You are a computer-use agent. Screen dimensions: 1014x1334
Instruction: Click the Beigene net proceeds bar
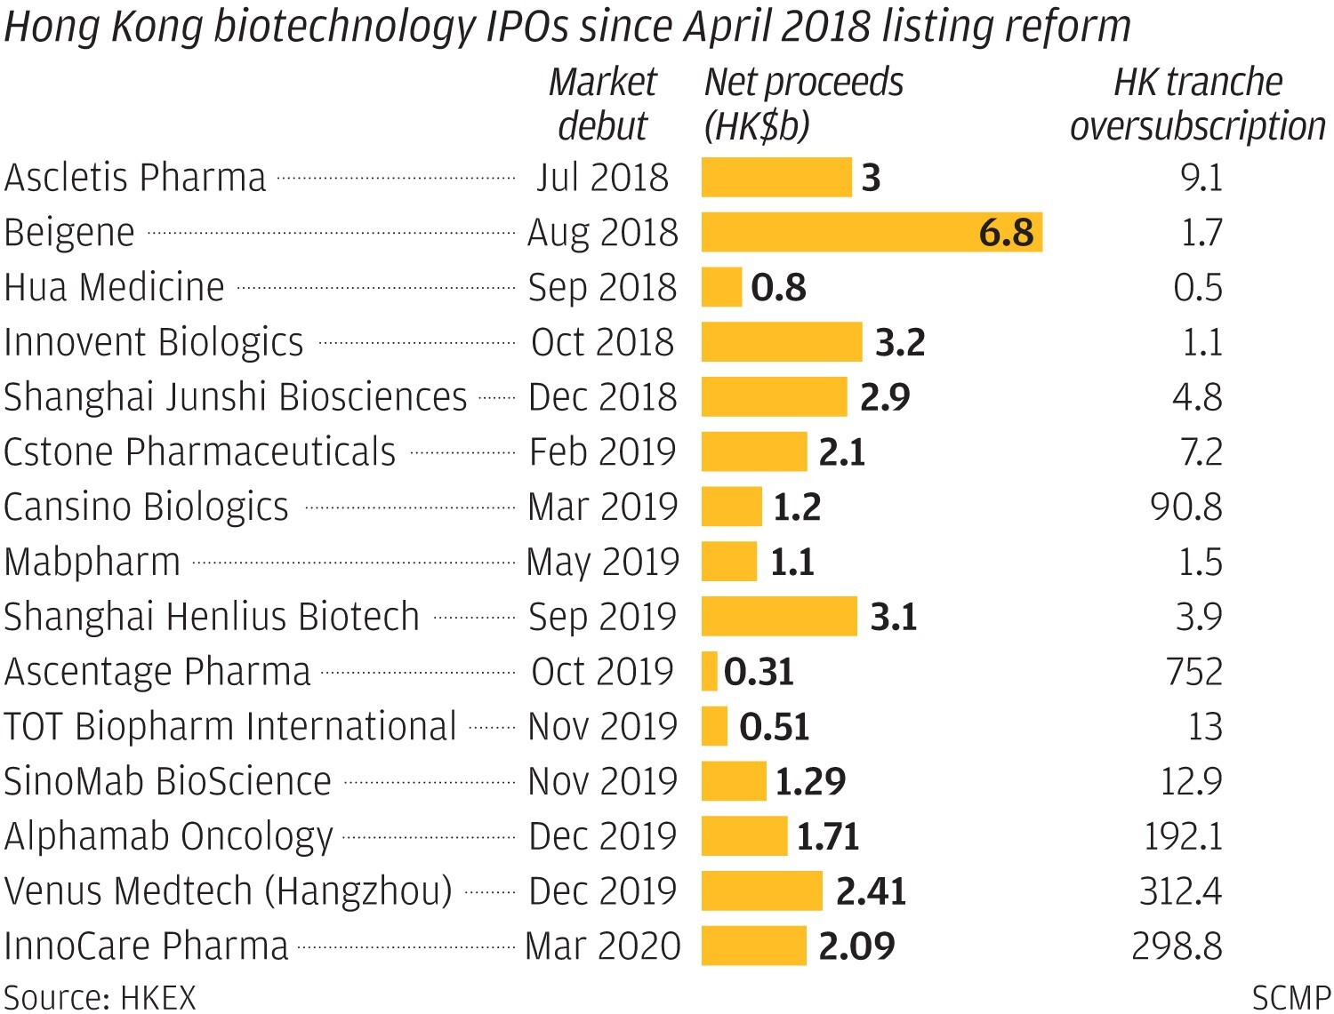[x=872, y=233]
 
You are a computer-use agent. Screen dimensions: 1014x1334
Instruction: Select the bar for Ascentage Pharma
[x=710, y=672]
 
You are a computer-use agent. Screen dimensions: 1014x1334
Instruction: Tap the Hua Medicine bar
[x=721, y=288]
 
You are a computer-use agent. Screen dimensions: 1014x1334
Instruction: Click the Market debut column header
[x=602, y=104]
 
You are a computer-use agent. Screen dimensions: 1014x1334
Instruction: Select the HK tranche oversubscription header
[x=1197, y=104]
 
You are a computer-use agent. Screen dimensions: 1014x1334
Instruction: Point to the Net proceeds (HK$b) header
[x=803, y=104]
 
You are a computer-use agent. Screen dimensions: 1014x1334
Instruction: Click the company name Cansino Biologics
[x=147, y=507]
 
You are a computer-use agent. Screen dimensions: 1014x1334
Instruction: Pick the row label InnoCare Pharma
[x=147, y=946]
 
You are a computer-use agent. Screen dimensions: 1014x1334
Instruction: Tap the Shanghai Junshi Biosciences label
[x=236, y=397]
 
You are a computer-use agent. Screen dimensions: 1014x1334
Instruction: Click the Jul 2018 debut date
[x=602, y=178]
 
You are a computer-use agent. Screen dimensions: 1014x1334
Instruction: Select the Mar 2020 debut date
[x=602, y=946]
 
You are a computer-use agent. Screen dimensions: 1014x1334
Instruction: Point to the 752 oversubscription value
[x=1194, y=672]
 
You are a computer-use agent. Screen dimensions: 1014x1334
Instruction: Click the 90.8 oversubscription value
[x=1186, y=507]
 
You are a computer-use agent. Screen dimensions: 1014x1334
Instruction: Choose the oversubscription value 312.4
[x=1181, y=891]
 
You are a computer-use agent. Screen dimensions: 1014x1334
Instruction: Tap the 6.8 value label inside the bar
[x=1006, y=233]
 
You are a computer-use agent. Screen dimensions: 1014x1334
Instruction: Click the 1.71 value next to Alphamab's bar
[x=828, y=837]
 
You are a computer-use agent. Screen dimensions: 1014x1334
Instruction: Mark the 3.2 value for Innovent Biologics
[x=900, y=343]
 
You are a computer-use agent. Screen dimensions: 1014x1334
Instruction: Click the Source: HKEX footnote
[x=100, y=997]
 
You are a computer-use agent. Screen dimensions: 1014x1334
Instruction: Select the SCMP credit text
[x=1291, y=997]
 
